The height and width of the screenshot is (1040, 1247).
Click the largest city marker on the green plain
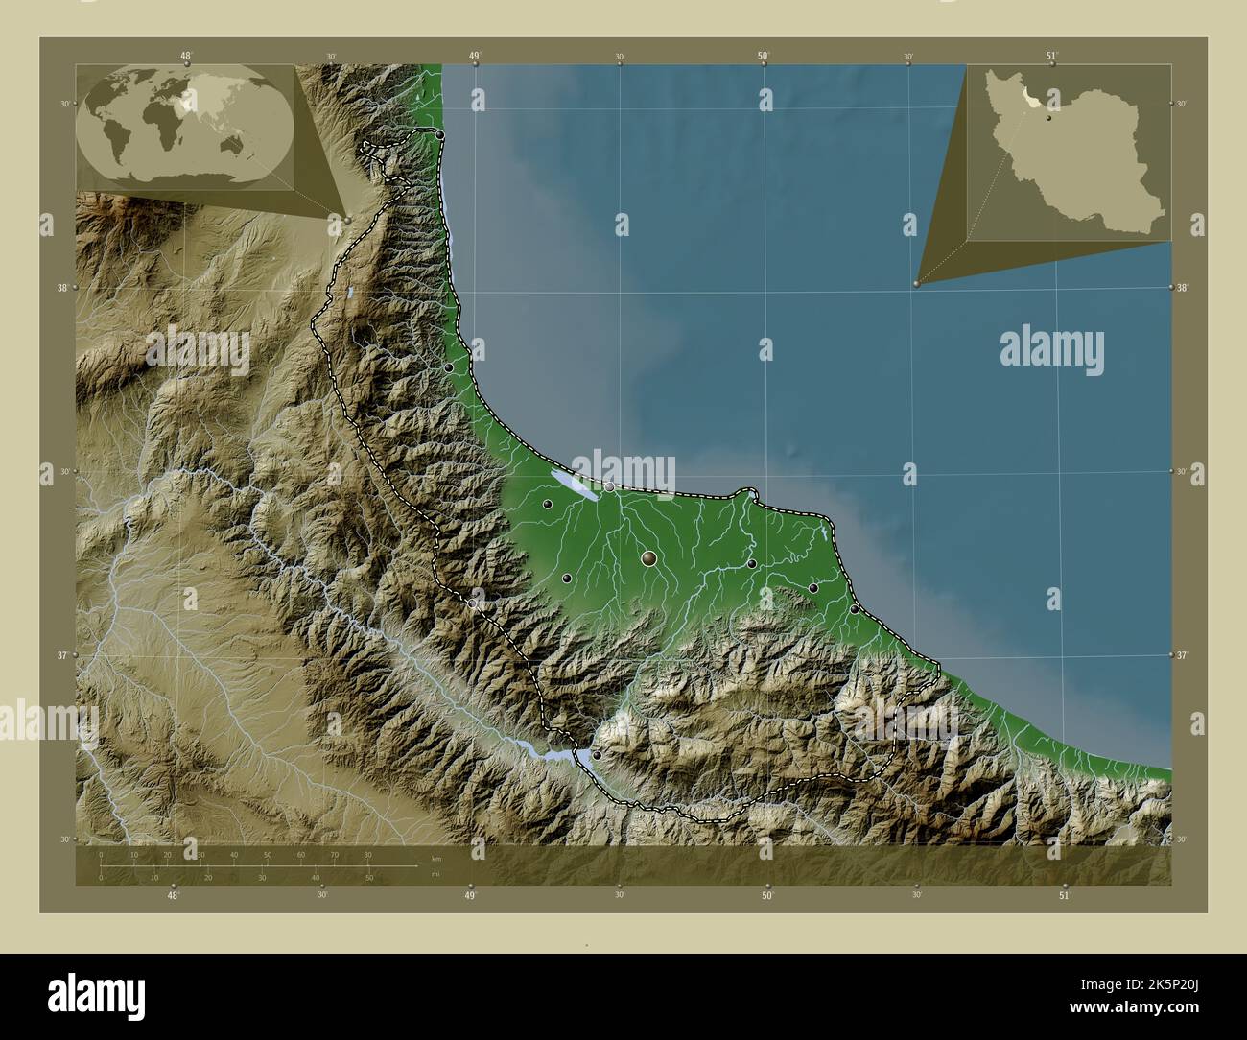pos(649,557)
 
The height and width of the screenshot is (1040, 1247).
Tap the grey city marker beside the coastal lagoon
pos(609,486)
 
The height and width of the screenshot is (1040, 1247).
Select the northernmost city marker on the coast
pos(440,135)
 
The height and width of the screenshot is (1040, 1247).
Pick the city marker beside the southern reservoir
pos(597,756)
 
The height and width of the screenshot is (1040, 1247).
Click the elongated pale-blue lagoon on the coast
pos(574,484)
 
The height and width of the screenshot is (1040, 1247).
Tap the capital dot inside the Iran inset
pos(1049,118)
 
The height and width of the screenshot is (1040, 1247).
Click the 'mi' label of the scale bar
pos(436,874)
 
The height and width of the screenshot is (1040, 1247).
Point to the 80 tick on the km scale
pos(367,854)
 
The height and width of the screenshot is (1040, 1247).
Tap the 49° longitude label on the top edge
pos(474,56)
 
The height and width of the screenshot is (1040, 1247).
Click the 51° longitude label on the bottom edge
pos(1064,894)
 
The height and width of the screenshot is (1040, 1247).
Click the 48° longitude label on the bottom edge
pos(173,894)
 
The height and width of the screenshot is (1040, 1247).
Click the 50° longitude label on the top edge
pos(764,56)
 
